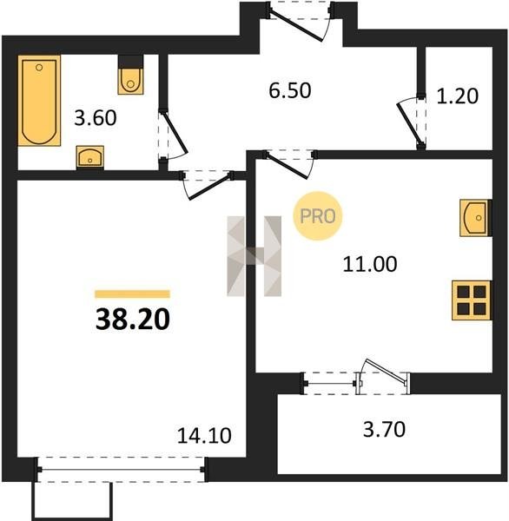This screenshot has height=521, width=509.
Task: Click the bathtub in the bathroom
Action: pyautogui.click(x=39, y=101)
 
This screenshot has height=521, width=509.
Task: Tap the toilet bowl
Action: pyautogui.click(x=130, y=81)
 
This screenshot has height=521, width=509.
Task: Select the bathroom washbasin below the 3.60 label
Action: pyautogui.click(x=90, y=156)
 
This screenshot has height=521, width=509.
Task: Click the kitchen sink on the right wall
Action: pyautogui.click(x=475, y=218)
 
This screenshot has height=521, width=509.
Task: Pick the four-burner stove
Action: pyautogui.click(x=472, y=300)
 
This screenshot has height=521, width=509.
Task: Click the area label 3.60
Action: pyautogui.click(x=96, y=118)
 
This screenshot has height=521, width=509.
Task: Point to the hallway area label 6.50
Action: pyautogui.click(x=290, y=90)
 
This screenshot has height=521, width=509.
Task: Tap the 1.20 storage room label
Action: pyautogui.click(x=458, y=96)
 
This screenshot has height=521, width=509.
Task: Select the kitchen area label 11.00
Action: pyautogui.click(x=370, y=265)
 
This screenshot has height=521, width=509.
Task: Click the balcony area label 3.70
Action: pyautogui.click(x=384, y=429)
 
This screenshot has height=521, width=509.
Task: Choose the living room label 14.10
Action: pyautogui.click(x=204, y=436)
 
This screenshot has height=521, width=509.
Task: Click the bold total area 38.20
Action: pyautogui.click(x=133, y=320)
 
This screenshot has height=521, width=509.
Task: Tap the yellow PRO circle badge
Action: pyautogui.click(x=318, y=216)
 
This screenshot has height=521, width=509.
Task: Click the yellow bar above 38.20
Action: pyautogui.click(x=132, y=294)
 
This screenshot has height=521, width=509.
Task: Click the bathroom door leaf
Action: pyautogui.click(x=175, y=132)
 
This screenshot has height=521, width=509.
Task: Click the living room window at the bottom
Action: pyautogui.click(x=121, y=469)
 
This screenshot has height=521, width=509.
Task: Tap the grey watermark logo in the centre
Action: pyautogui.click(x=254, y=256)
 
